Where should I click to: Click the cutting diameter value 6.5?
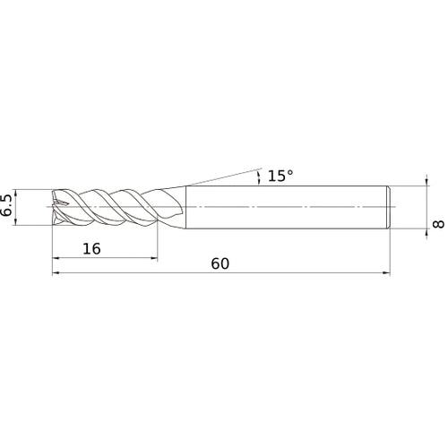[x=9, y=206]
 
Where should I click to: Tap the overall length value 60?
[x=221, y=264]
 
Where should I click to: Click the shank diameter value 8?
[x=438, y=222]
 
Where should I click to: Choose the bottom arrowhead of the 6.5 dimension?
[x=21, y=221]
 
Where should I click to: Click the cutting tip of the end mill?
[x=56, y=206]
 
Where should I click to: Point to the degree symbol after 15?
[x=290, y=171]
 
